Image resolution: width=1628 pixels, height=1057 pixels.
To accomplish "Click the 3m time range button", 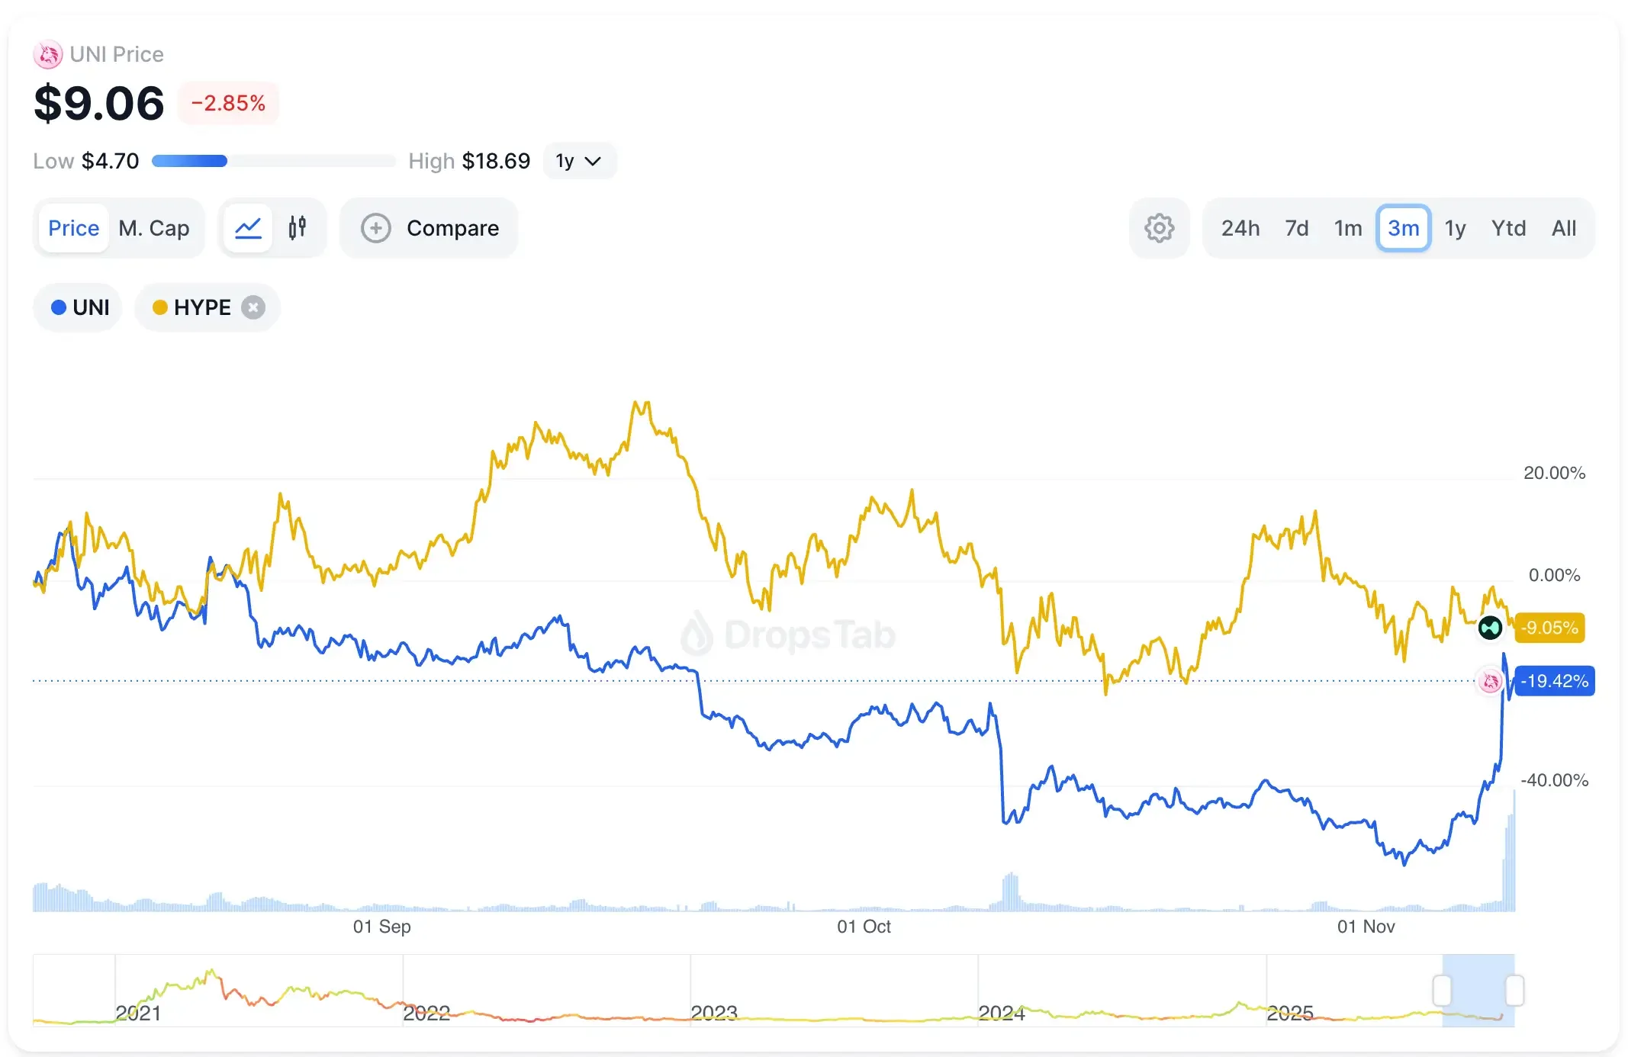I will click(x=1403, y=228).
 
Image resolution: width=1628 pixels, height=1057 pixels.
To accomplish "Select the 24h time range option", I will click(x=1240, y=228).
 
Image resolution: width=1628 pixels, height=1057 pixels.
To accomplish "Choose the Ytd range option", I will click(x=1508, y=228).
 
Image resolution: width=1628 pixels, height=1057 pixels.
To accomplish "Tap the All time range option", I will click(x=1563, y=228).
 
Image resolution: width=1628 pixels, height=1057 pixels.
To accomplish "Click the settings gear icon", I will click(x=1159, y=228).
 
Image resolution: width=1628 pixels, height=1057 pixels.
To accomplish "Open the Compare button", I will click(x=430, y=228).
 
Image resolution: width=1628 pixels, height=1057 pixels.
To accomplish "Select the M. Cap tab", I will click(x=153, y=228).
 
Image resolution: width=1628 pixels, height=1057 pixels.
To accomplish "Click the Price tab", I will click(x=73, y=228).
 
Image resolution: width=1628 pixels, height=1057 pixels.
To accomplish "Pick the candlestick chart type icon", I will click(x=298, y=227).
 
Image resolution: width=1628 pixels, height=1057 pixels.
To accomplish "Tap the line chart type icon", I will click(x=248, y=228).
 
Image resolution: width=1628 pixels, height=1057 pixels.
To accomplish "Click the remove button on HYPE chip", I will click(x=253, y=307).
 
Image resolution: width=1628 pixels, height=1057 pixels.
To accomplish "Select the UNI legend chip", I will click(x=79, y=307).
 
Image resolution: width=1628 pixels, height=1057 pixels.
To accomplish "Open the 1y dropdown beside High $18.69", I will click(x=578, y=161).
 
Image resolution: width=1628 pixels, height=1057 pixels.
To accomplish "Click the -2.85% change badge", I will click(x=228, y=103).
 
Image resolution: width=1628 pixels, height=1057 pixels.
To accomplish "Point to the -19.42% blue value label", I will click(x=1554, y=681).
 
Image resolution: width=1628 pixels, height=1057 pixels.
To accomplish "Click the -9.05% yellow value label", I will click(x=1549, y=628).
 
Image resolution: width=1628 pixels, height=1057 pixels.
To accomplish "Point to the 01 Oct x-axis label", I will click(x=864, y=927).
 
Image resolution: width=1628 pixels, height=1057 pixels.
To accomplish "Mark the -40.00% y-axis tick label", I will click(x=1554, y=780).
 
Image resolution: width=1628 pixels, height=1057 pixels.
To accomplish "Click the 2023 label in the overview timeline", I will click(x=713, y=1013).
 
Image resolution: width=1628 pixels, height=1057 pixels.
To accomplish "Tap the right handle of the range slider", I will click(x=1514, y=991).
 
